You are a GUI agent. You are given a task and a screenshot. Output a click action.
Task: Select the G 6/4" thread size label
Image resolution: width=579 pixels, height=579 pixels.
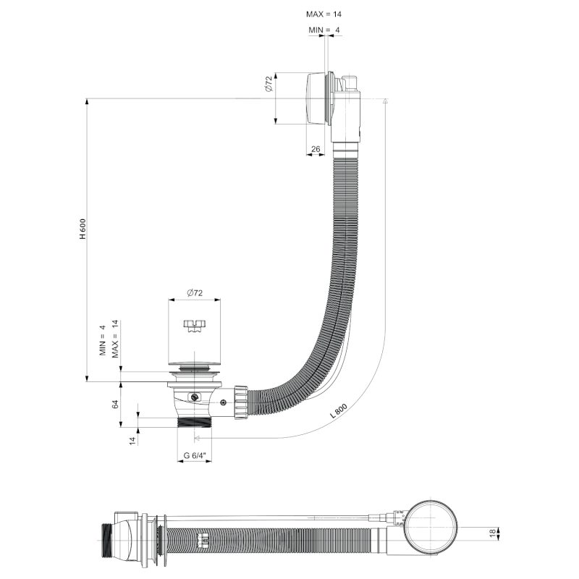coord(195,456)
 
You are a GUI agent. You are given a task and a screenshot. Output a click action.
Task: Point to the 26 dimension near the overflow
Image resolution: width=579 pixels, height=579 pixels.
coord(315,149)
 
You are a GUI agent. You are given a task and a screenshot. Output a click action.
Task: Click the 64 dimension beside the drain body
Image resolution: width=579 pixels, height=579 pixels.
coord(114,404)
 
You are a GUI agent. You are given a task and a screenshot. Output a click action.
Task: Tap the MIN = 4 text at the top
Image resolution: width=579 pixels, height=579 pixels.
coord(324,30)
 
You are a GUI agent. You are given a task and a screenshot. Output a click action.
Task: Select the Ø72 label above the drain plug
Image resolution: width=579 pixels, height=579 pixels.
coord(194,292)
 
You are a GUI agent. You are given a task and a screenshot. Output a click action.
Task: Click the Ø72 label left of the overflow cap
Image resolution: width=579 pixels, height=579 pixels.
coord(267,85)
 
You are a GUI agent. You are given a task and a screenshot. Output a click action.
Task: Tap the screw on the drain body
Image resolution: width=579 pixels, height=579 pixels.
coord(194,397)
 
